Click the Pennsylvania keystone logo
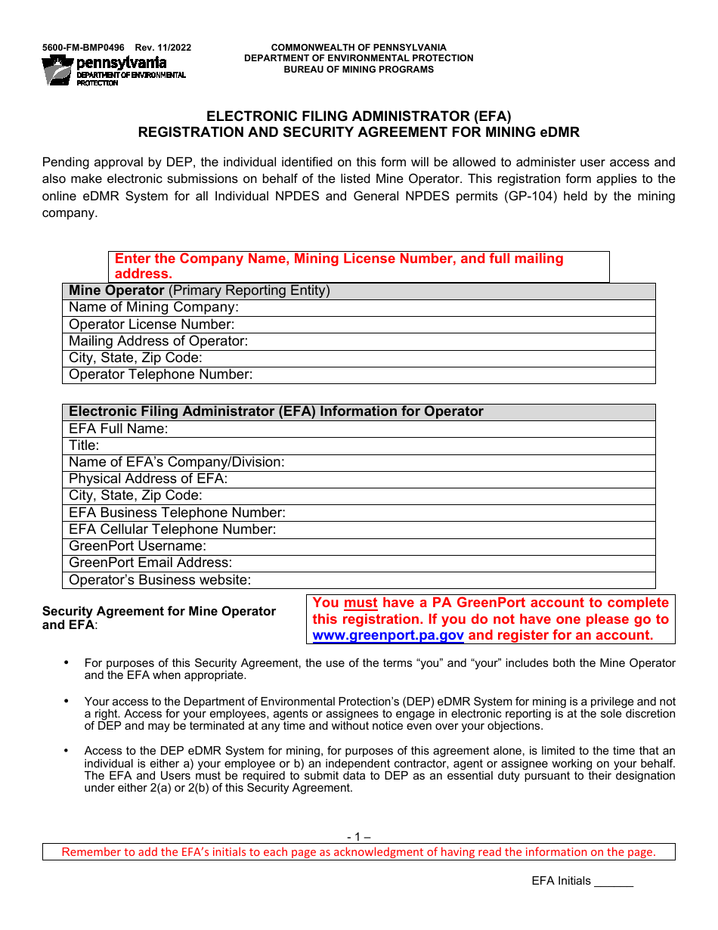[x=57, y=70]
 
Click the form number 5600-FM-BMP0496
[x=83, y=48]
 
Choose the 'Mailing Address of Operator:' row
[x=453, y=342]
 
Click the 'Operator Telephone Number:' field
[x=453, y=375]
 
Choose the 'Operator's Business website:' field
[x=453, y=581]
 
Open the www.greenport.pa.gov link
[x=388, y=636]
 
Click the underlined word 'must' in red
[x=361, y=603]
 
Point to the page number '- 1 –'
[x=358, y=837]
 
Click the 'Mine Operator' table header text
[x=116, y=291]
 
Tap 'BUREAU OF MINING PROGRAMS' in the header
[x=358, y=70]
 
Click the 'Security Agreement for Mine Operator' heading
[x=159, y=612]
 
